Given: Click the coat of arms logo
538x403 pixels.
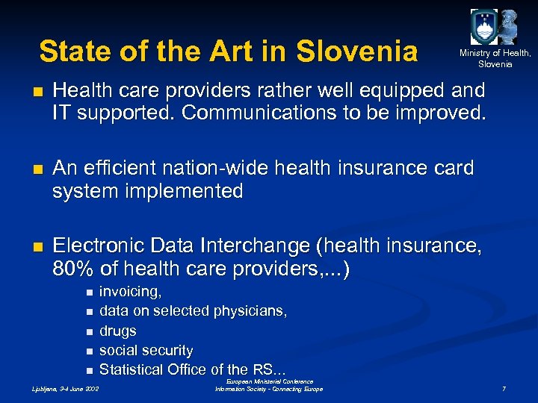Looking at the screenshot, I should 483,27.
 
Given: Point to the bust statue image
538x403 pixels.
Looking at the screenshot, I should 509,27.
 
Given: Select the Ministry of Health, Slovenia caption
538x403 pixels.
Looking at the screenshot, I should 495,58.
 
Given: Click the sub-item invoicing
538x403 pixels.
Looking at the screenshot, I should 131,291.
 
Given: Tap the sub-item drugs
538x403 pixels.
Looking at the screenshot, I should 118,331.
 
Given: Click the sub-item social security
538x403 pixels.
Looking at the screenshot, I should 146,350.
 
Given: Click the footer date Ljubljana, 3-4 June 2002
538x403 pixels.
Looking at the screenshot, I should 64,389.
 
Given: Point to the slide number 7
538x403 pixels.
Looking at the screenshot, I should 504,389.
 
